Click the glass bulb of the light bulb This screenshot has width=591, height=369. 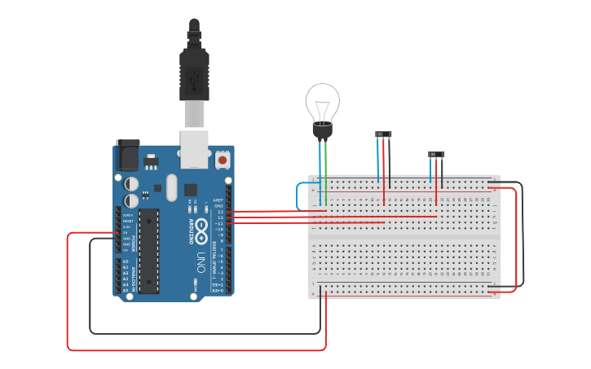click(x=323, y=102)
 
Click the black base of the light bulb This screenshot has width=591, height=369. click(x=323, y=130)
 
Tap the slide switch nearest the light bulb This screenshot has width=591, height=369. click(x=383, y=134)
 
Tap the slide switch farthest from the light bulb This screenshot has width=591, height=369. click(x=437, y=154)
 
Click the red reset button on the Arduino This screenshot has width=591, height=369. click(x=223, y=160)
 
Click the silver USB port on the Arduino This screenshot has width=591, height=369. click(x=194, y=151)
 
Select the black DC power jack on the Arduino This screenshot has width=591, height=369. click(x=127, y=155)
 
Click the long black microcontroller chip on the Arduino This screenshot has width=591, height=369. click(x=148, y=251)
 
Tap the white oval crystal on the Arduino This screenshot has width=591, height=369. click(x=171, y=187)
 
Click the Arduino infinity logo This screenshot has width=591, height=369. click(x=201, y=226)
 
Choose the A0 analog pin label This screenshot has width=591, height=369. click(x=126, y=261)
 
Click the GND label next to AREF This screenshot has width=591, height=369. click(x=218, y=206)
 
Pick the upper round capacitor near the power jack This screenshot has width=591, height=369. click(x=131, y=185)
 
